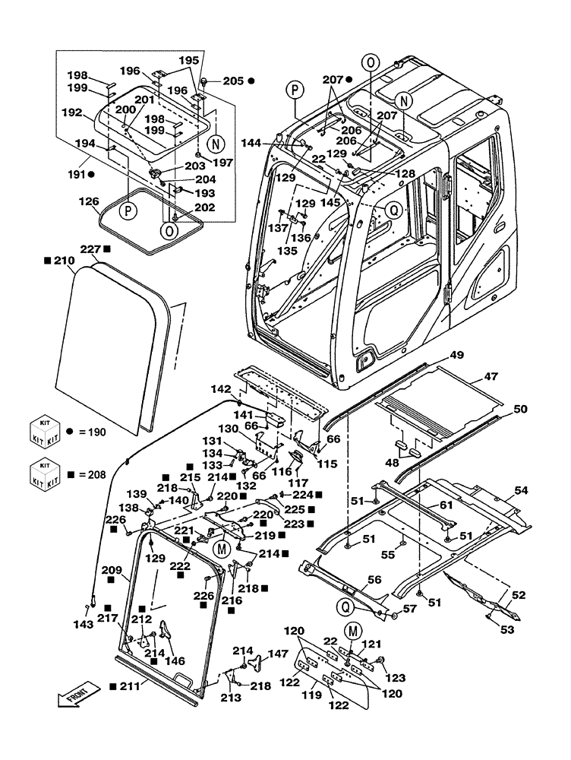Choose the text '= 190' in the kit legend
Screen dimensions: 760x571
(88, 431)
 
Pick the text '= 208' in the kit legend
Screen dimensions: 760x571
(88, 474)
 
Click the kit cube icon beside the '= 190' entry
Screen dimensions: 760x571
(43, 430)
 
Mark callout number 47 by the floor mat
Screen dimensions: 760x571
(492, 376)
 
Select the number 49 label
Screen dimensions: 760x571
(456, 355)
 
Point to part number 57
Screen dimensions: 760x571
(410, 610)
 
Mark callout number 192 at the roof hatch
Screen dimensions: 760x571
(72, 112)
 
